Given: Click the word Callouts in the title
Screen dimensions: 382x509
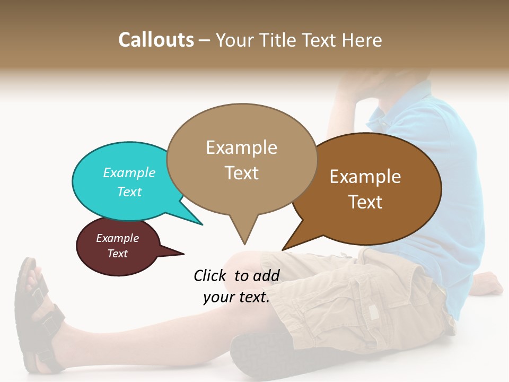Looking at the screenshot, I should point(156,40).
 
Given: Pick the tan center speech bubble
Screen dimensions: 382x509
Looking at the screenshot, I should point(241,159).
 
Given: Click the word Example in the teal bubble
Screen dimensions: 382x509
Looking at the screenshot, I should point(129,173).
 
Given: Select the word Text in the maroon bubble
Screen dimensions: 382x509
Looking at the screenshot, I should point(118,254).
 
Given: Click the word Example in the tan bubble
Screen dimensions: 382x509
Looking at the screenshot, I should point(241,147).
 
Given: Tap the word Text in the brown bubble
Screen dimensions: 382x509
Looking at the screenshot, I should point(365,202).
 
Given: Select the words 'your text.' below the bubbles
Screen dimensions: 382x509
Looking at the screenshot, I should point(236,298).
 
